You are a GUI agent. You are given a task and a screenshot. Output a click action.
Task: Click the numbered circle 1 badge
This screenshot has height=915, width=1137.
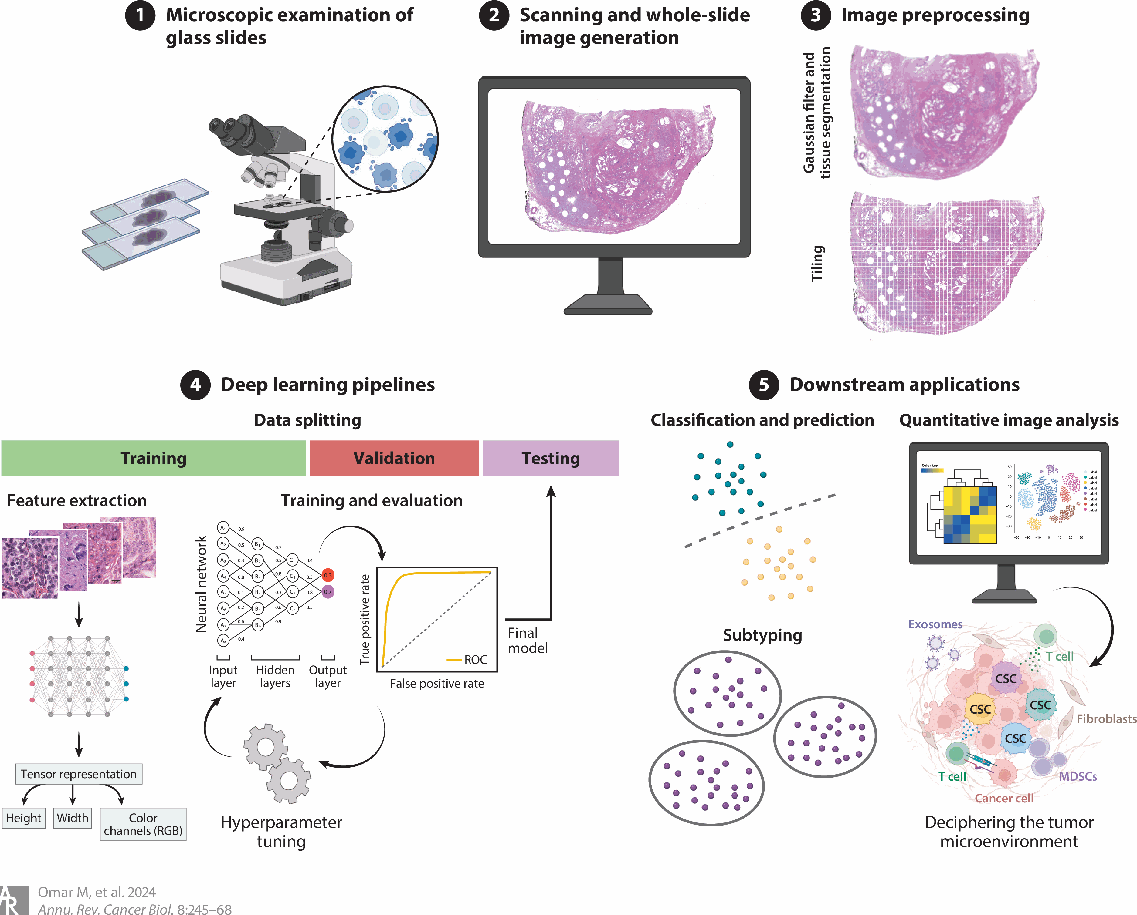coord(140,15)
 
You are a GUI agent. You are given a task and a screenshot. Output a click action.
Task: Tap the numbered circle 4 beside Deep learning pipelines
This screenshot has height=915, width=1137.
coord(195,385)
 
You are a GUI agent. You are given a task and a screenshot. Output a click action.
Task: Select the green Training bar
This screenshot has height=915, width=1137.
coord(154,458)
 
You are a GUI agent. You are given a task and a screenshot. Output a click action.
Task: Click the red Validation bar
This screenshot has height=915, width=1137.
coord(394,458)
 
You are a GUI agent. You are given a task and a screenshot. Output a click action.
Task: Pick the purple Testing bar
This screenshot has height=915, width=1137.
coord(551,458)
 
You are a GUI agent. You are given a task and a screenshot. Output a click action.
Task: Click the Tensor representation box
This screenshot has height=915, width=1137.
coord(79,774)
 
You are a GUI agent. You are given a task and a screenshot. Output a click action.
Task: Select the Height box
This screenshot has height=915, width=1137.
coord(24,818)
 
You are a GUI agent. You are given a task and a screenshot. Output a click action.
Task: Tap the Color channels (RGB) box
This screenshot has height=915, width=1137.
coord(143,824)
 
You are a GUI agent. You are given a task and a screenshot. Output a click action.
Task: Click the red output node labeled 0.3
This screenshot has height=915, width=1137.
coord(328,575)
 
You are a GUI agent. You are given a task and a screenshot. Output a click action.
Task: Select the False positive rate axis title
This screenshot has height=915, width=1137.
coord(437,684)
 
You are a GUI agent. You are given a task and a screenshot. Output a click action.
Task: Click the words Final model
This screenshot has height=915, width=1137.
coord(527,641)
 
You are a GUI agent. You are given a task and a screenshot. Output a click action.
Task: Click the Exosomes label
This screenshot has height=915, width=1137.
coord(935,624)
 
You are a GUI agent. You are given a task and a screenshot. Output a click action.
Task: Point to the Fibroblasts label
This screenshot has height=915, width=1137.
coord(1106,719)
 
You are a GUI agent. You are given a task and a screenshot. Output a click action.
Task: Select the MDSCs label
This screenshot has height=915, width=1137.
coord(1078,776)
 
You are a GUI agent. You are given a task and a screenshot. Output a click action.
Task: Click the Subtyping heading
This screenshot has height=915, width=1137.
coord(762,635)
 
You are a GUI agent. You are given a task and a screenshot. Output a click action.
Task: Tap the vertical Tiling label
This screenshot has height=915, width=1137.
coord(817,264)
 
